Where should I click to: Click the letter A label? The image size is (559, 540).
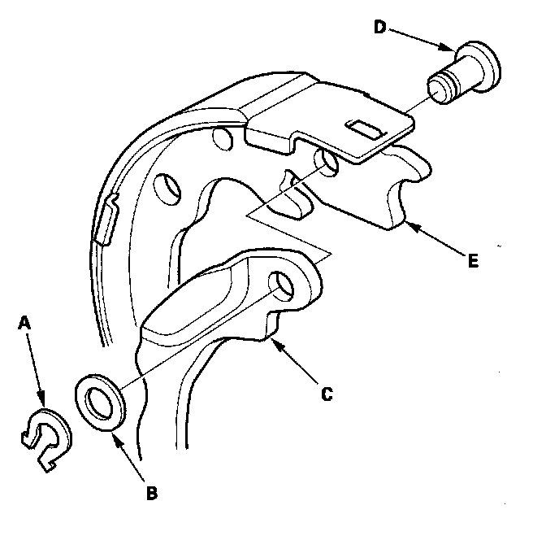click(26, 323)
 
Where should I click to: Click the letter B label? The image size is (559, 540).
click(151, 492)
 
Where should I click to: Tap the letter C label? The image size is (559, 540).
click(326, 395)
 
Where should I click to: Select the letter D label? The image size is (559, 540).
click(379, 27)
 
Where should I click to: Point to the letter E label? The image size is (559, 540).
click(473, 261)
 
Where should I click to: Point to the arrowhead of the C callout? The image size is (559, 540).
click(275, 342)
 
